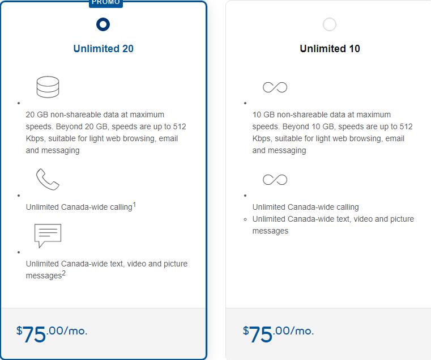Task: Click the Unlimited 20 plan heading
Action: pos(103,49)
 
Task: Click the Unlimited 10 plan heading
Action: pos(330,49)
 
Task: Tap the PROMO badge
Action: pos(106,3)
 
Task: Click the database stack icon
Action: pos(48,87)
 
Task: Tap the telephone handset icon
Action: pos(48,179)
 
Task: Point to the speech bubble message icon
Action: pos(48,236)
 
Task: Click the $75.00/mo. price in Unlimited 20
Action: pos(52,333)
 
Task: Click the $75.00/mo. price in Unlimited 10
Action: pos(278,333)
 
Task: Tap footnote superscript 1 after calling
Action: pos(134,205)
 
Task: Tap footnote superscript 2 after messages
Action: pos(64,273)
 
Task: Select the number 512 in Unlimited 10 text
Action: pos(406,126)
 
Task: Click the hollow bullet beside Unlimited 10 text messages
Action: pos(245,219)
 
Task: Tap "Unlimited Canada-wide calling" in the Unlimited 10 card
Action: pos(306,207)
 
